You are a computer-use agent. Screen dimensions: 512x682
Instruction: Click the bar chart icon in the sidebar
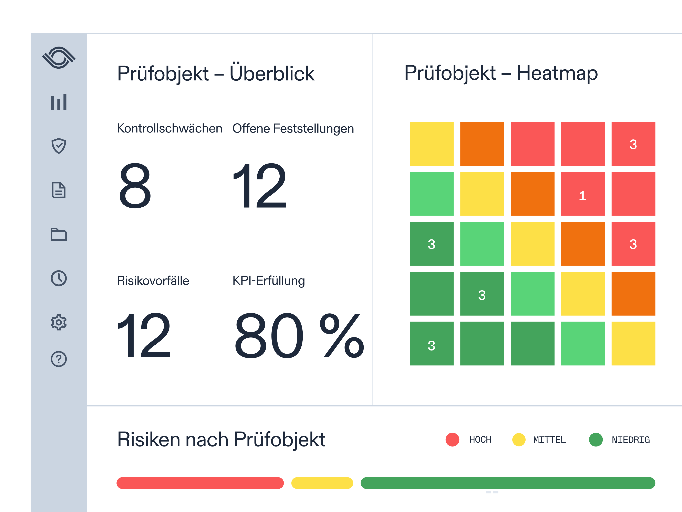pyautogui.click(x=59, y=102)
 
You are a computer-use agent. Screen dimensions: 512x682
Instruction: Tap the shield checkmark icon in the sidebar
pyautogui.click(x=59, y=146)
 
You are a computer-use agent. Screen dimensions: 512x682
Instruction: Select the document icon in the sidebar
pyautogui.click(x=59, y=190)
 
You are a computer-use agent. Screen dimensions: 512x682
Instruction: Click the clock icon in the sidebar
pyautogui.click(x=59, y=278)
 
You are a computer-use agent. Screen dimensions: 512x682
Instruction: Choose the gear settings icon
pyautogui.click(x=59, y=323)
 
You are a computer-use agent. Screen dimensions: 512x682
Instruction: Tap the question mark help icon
pyautogui.click(x=59, y=359)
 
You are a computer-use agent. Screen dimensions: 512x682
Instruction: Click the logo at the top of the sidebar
pyautogui.click(x=59, y=58)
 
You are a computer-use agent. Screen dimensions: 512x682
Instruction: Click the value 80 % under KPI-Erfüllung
pyautogui.click(x=299, y=335)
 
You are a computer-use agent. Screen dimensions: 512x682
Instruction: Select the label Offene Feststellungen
pyautogui.click(x=293, y=128)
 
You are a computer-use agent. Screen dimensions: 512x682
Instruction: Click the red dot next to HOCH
pyautogui.click(x=452, y=440)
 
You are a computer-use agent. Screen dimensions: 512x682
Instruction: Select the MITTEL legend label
pyautogui.click(x=549, y=440)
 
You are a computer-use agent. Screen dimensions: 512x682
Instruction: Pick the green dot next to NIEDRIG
pyautogui.click(x=596, y=440)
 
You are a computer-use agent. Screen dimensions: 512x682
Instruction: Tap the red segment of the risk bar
pyautogui.click(x=200, y=483)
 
